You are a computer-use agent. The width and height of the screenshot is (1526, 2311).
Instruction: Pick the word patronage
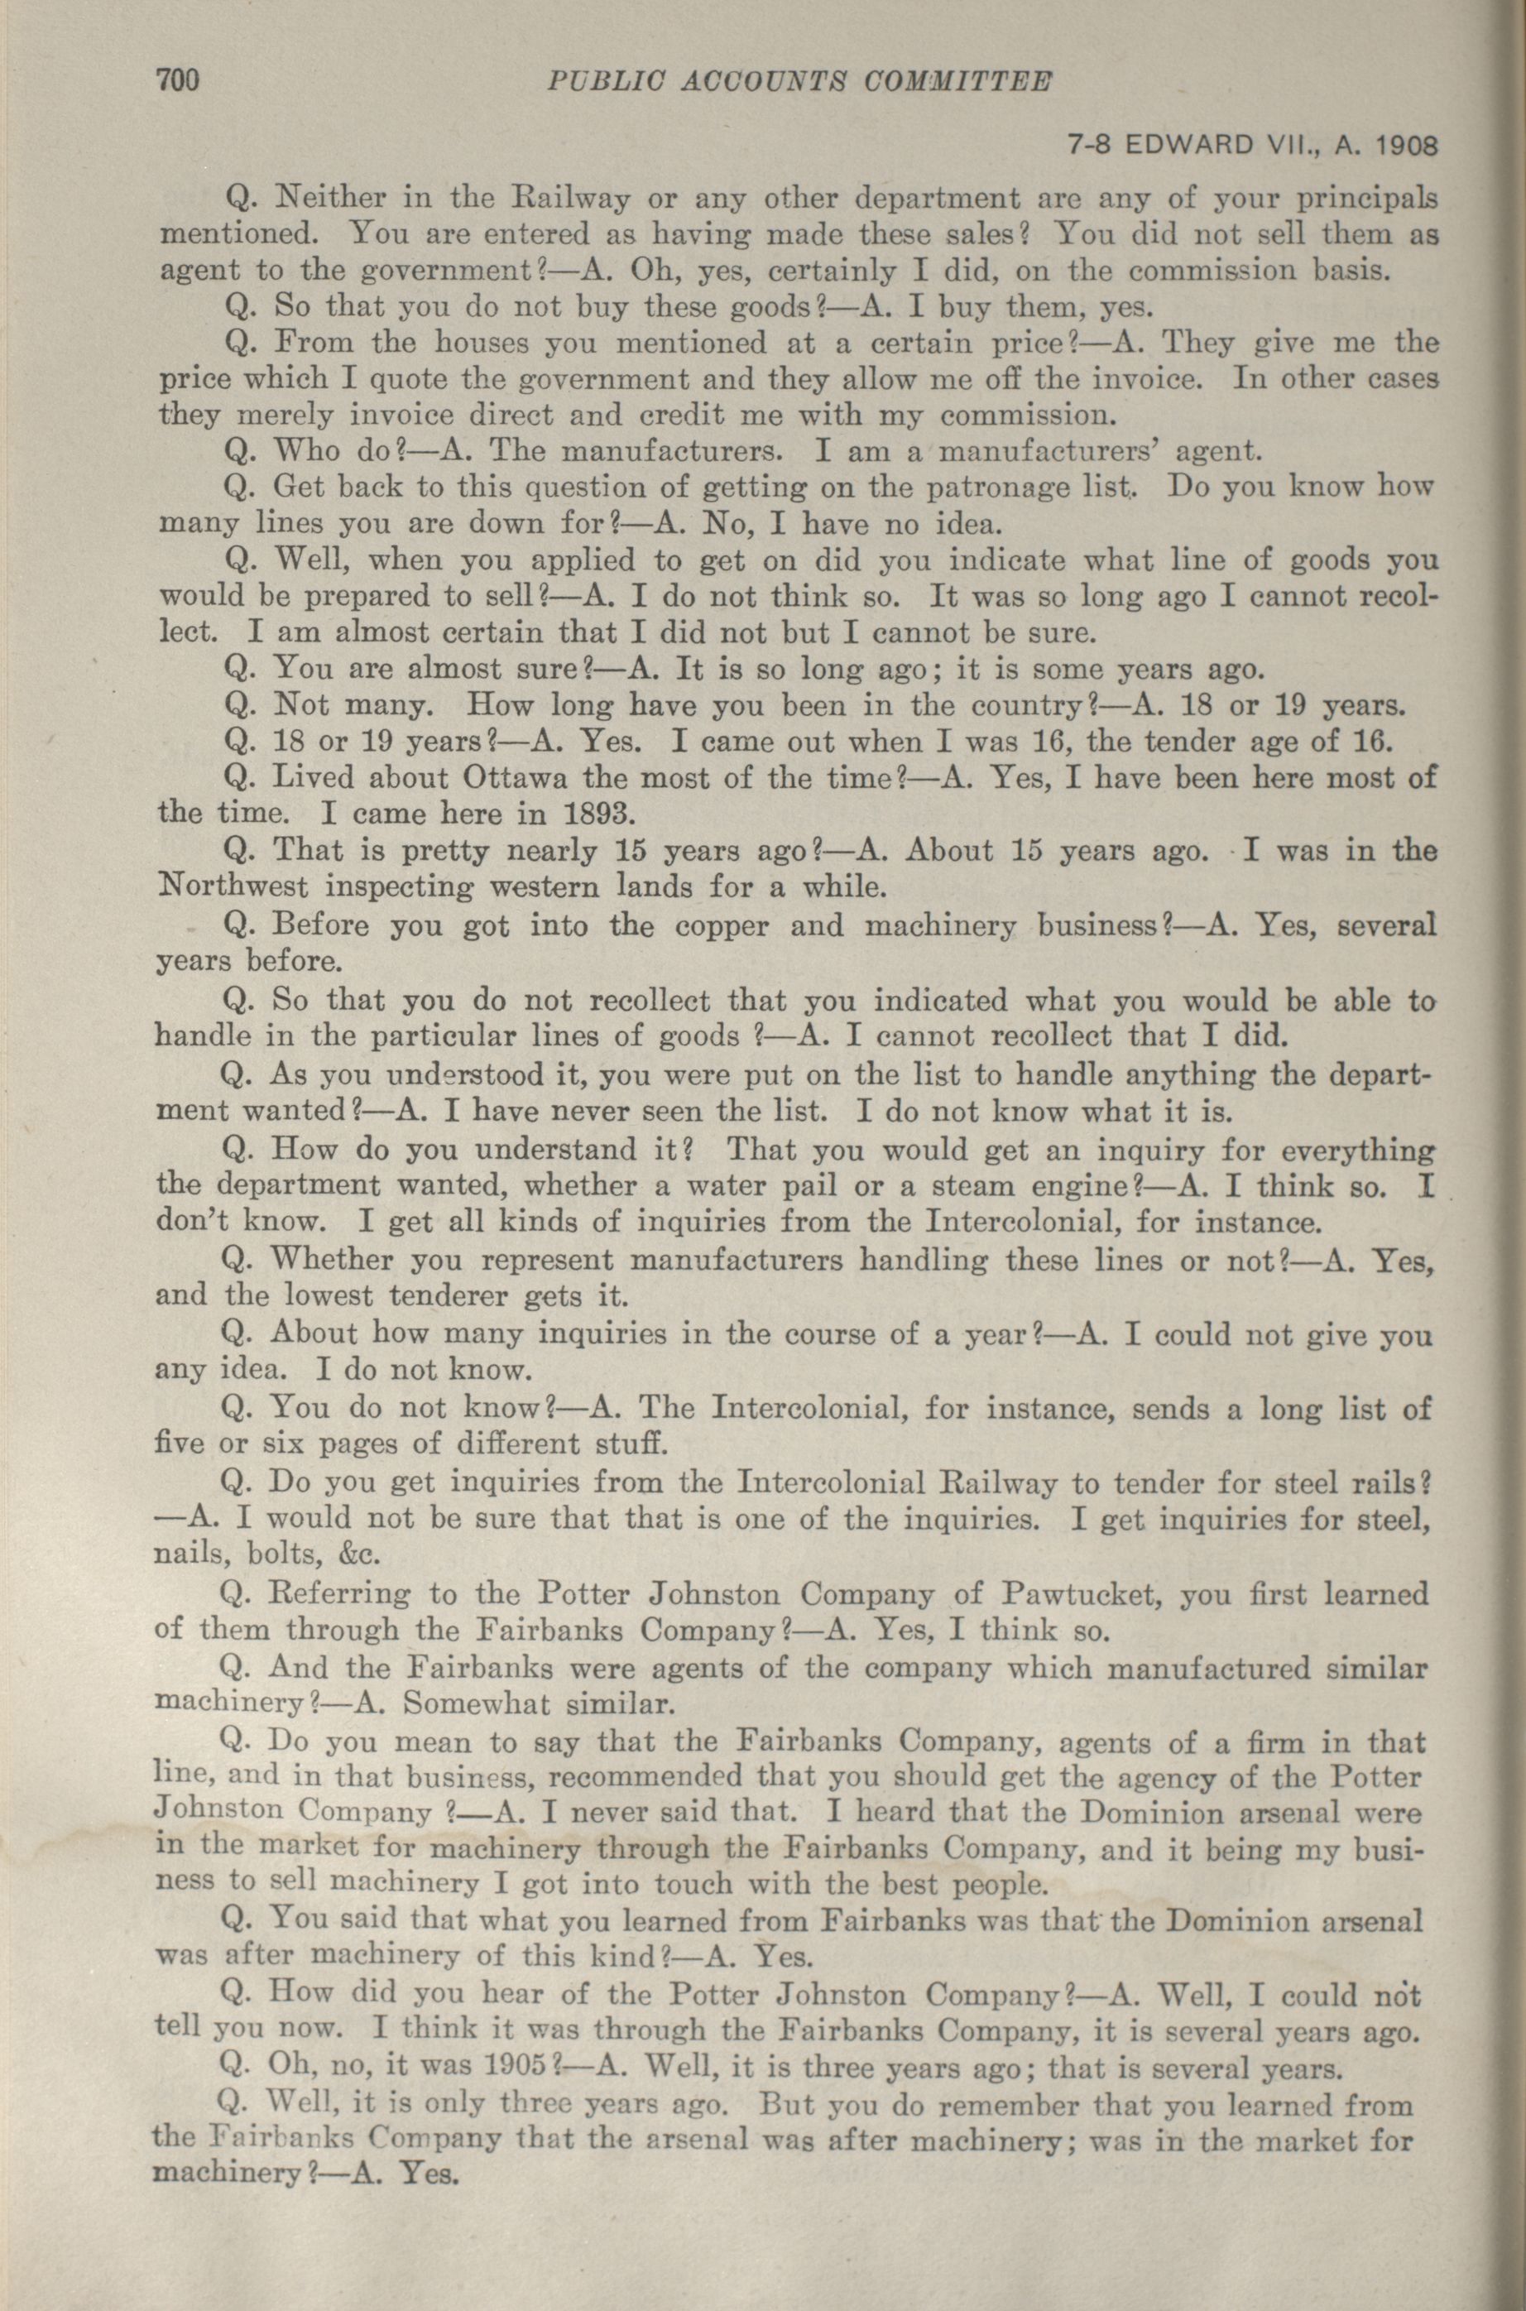(1018, 486)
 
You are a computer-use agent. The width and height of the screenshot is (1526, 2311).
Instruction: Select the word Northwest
(233, 889)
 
